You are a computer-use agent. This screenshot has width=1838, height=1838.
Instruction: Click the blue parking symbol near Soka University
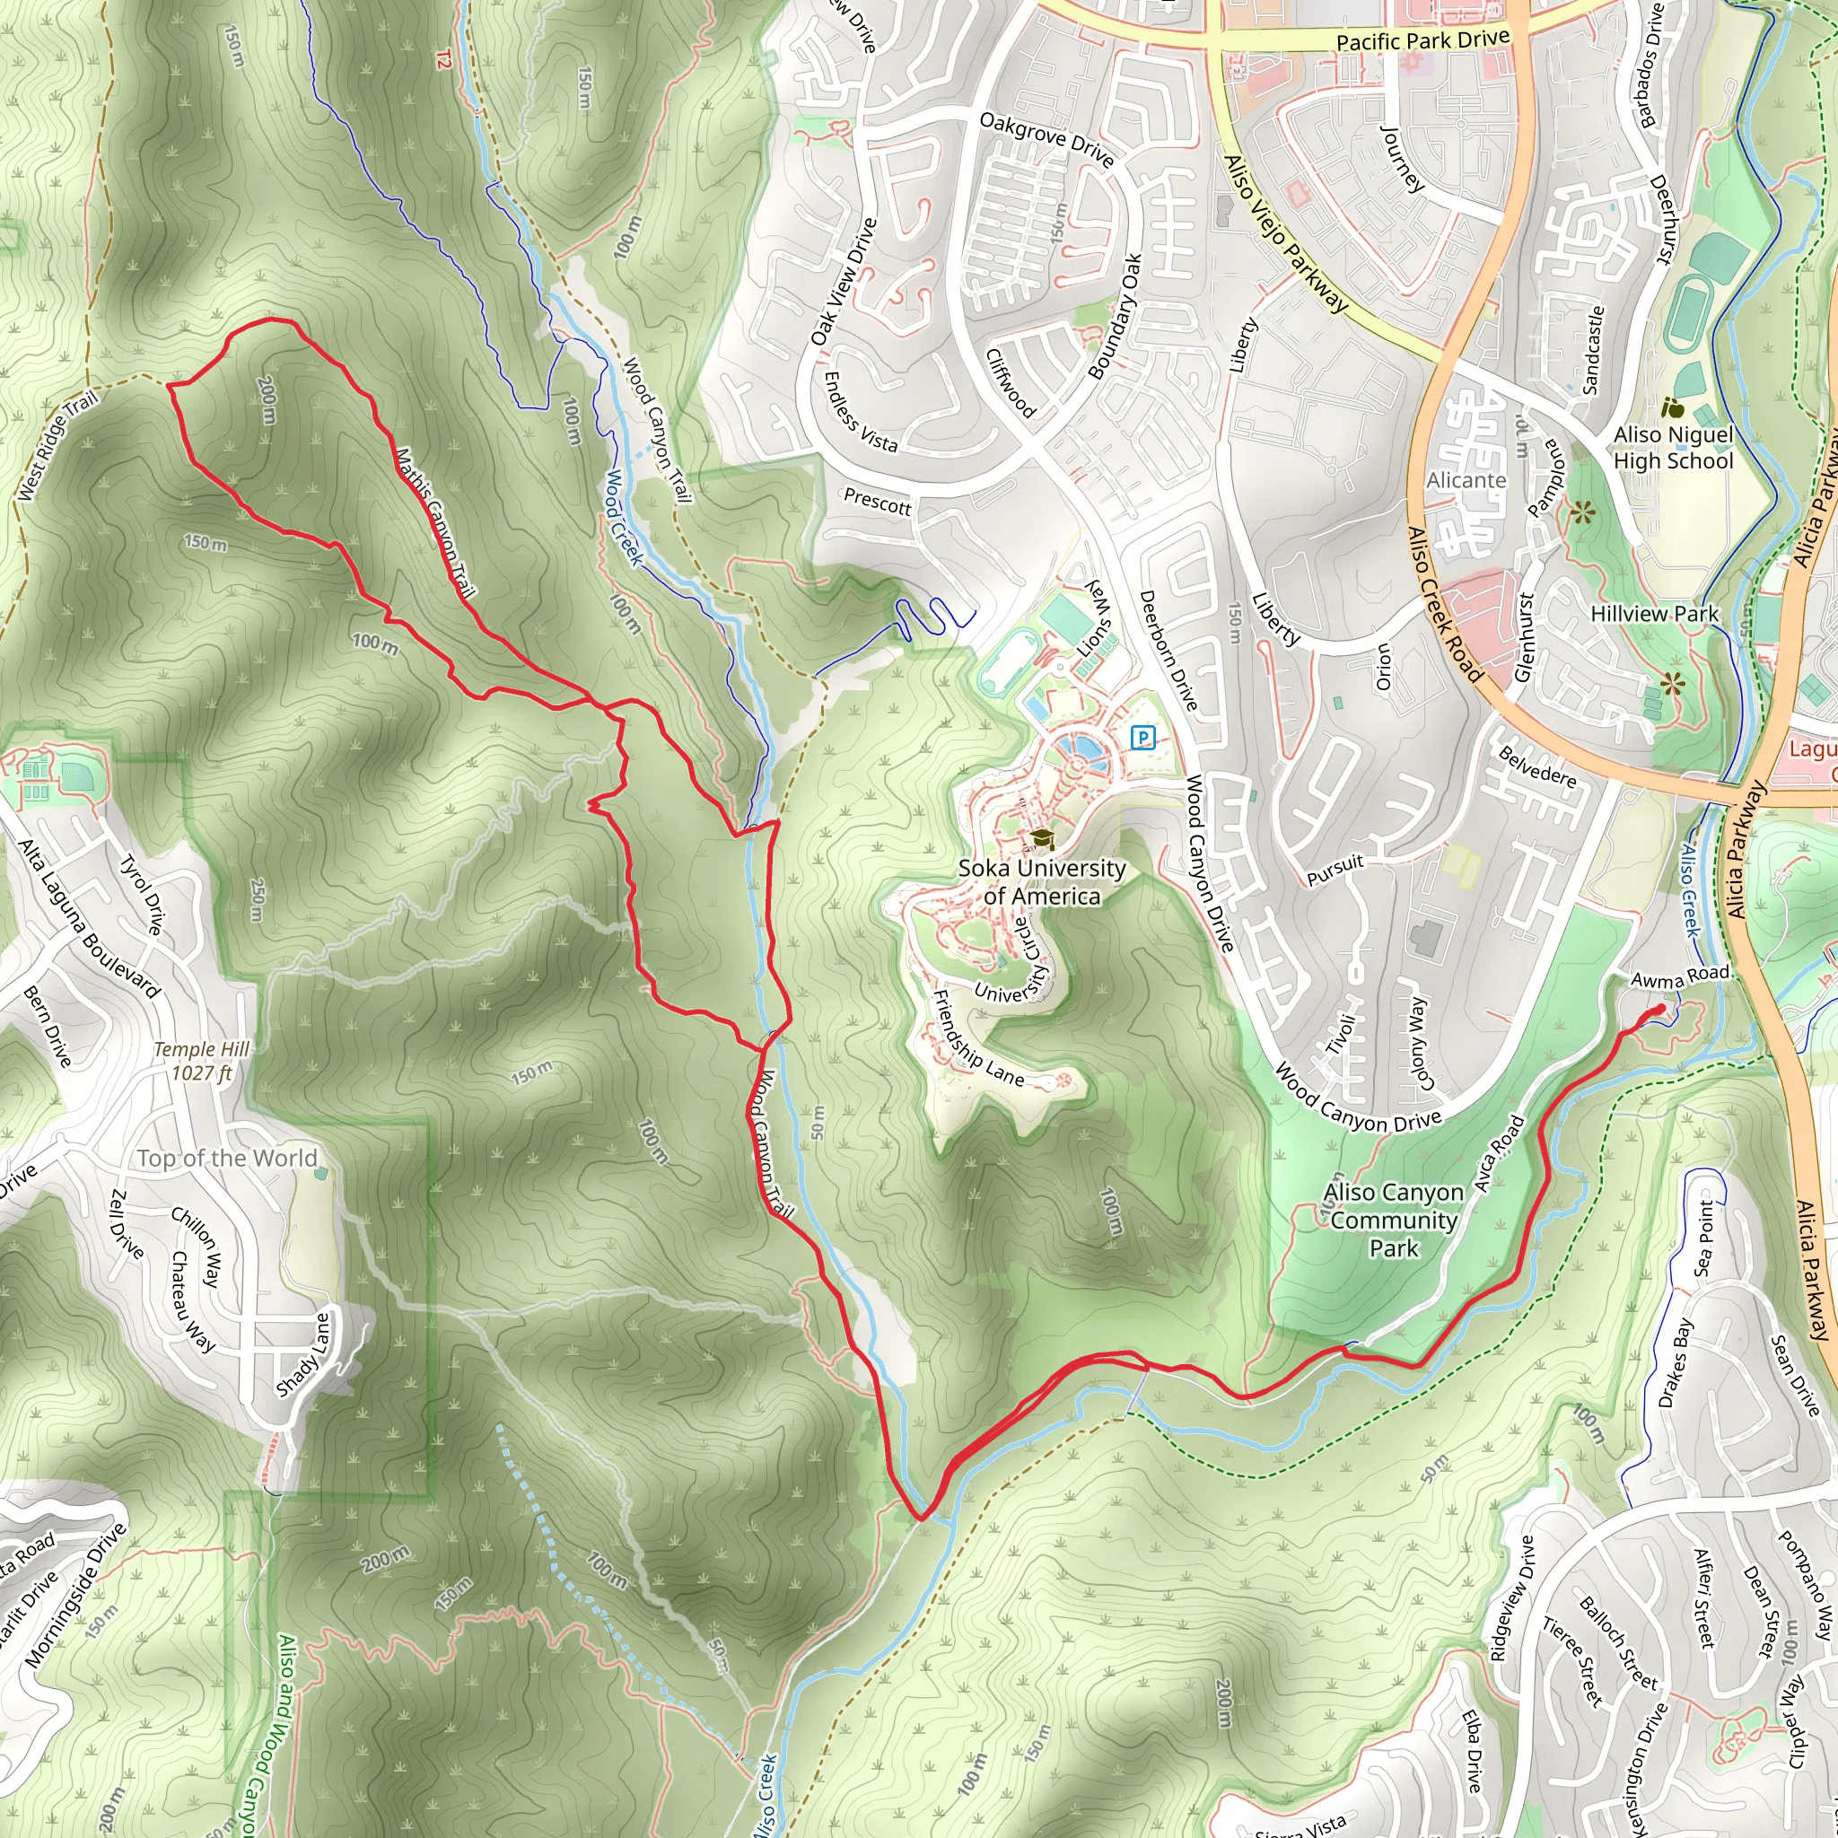coord(1142,738)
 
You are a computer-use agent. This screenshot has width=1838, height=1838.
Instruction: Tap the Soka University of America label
coord(1042,882)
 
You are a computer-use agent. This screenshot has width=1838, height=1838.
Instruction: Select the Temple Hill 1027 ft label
coord(202,1061)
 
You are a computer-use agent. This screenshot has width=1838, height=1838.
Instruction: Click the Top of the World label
coord(227,1158)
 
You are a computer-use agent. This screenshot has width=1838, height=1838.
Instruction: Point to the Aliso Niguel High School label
coord(1674,448)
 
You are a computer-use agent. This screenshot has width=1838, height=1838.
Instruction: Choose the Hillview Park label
coord(1654,614)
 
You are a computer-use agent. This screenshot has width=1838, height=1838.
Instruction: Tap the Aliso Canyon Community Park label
coord(1393,1221)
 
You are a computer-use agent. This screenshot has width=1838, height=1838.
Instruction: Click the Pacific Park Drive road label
coord(1422,40)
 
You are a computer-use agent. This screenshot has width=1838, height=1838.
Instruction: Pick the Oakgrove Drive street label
coord(1046,139)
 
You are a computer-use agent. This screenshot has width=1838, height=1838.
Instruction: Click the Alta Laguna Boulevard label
coord(90,919)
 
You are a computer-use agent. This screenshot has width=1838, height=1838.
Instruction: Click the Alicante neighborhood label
coord(1466,480)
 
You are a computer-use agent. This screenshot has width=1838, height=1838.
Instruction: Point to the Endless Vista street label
coord(860,411)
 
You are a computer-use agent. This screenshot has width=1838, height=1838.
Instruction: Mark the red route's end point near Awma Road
coord(1660,1009)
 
